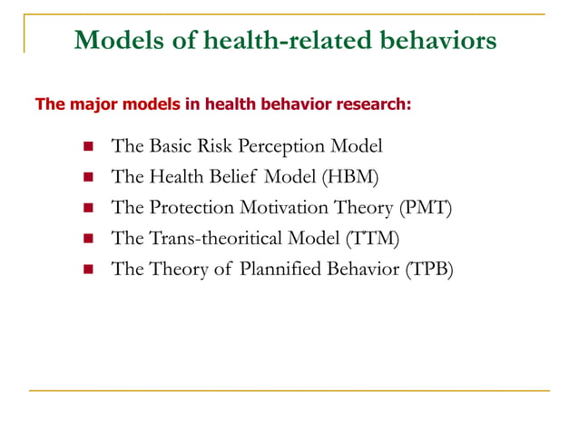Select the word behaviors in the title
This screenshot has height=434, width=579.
(x=438, y=40)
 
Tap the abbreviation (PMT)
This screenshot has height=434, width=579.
(x=425, y=208)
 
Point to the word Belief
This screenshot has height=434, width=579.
(x=232, y=176)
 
